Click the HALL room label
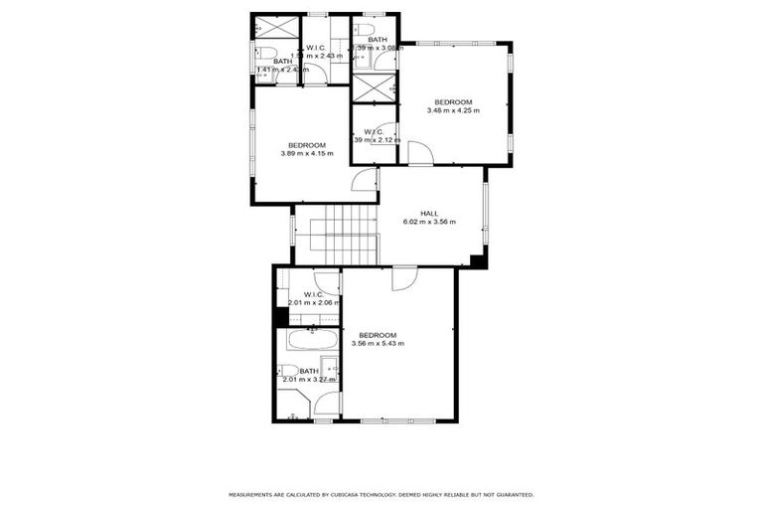429,213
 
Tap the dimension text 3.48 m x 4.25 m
452,110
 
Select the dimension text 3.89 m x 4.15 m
307,154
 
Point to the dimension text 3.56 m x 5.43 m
378,343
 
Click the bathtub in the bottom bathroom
312,340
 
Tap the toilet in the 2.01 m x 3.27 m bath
289,371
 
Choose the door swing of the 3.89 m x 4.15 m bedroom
366,180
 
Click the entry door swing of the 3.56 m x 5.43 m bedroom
404,278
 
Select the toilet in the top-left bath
265,55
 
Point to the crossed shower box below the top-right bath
374,87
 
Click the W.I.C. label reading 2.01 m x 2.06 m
313,298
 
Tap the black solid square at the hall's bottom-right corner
479,261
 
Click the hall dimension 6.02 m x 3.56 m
429,222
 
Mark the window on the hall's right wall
485,213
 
